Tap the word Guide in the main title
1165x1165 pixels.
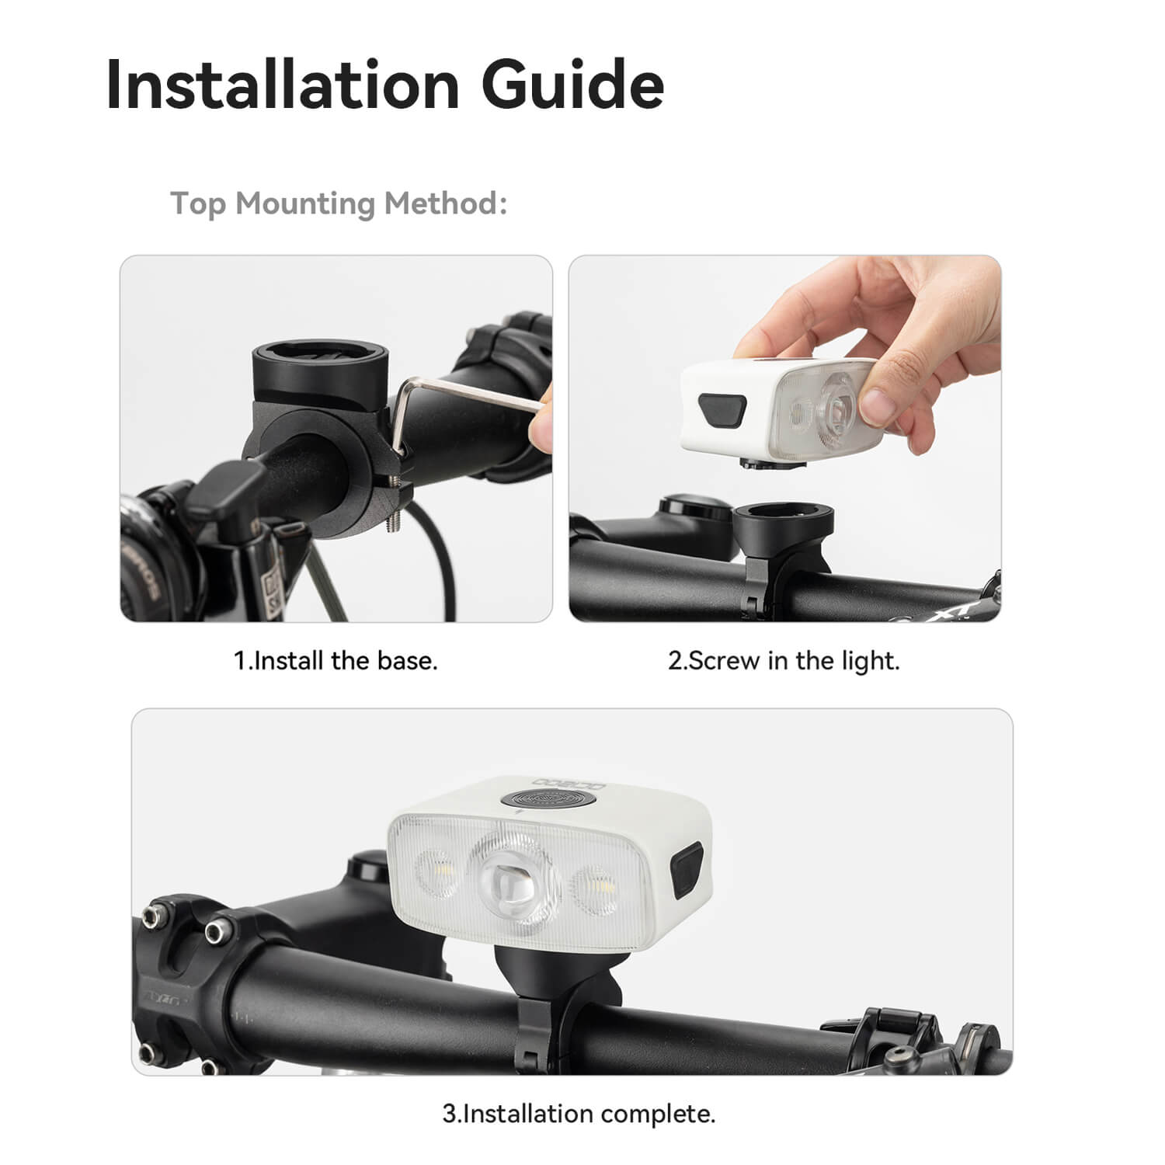[573, 83]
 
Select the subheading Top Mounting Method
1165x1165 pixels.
[339, 203]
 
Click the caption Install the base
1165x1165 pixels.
[336, 661]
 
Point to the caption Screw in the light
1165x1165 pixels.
[784, 661]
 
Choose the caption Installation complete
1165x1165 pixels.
[579, 1114]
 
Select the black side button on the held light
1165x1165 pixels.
[722, 409]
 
